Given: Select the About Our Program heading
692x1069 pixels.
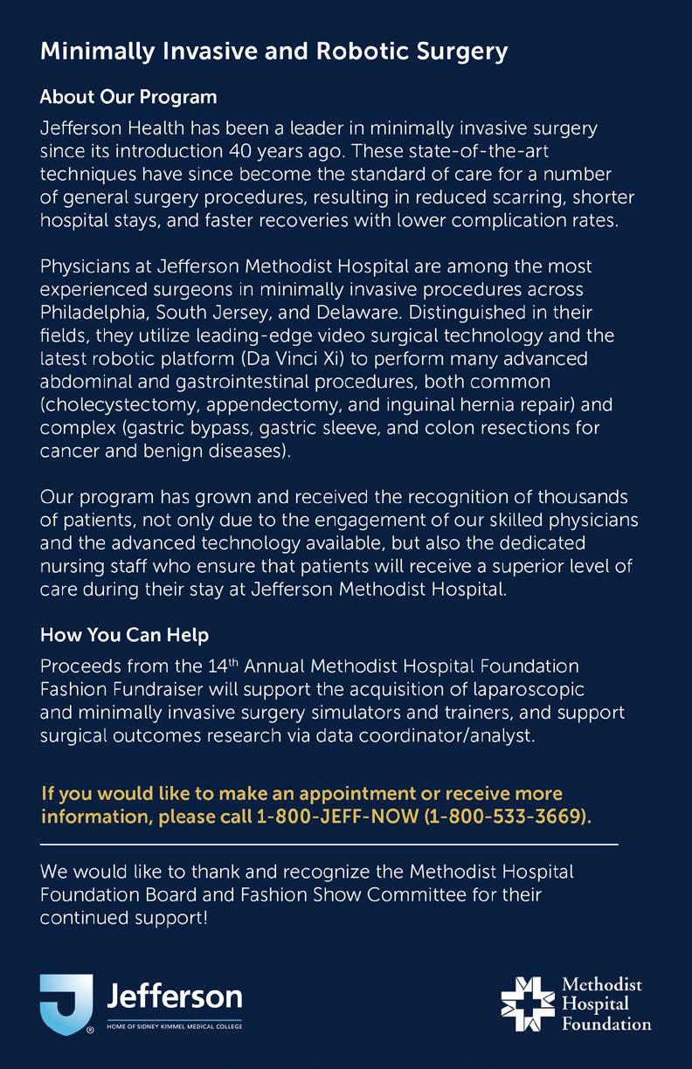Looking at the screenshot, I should coord(128,96).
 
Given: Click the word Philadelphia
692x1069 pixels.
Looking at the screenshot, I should coord(95,312).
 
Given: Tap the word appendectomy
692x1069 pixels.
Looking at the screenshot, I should coord(256,405).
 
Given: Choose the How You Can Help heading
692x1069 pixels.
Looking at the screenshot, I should coord(124,633).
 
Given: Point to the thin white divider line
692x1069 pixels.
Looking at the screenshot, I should coord(329,845).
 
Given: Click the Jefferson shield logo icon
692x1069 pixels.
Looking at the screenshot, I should coord(66,1003).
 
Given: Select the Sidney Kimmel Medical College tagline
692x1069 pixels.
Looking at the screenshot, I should coord(174,1025).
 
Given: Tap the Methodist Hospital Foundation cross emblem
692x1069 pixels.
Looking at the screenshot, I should coord(527,1003).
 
